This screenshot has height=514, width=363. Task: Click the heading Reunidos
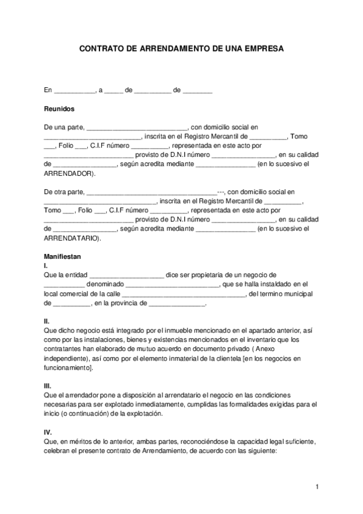click(59, 109)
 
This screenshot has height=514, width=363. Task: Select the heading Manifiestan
click(62, 256)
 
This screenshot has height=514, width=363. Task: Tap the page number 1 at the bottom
click(317, 487)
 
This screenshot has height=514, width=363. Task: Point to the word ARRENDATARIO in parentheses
click(72, 238)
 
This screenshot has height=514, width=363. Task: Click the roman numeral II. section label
click(47, 321)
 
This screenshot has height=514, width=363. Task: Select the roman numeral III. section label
click(48, 385)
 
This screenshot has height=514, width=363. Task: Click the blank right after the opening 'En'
click(75, 90)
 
